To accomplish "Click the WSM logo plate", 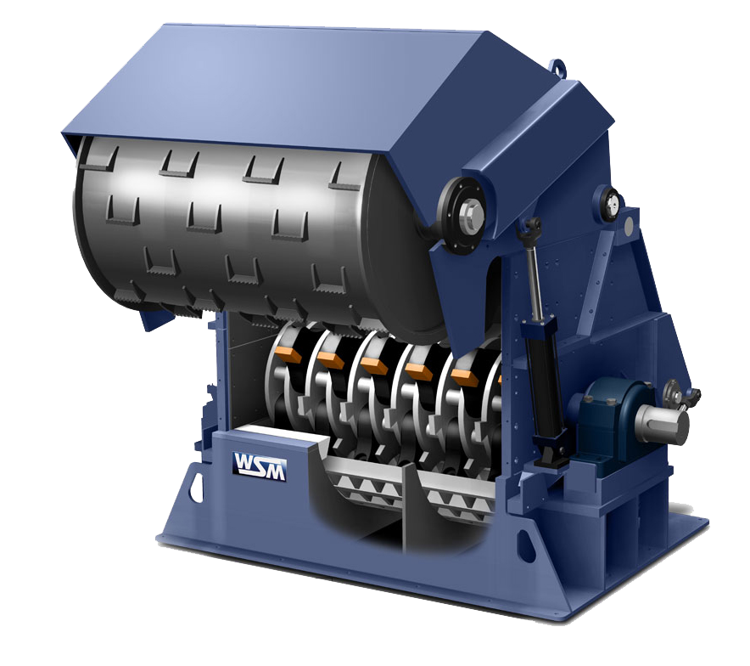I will click(x=259, y=466).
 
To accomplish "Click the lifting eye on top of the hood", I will click(x=557, y=68).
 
